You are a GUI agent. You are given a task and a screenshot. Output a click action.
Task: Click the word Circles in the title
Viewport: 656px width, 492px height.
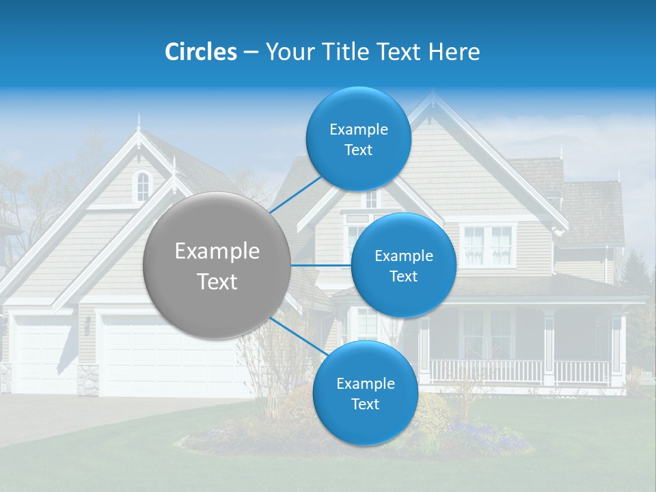pos(200,52)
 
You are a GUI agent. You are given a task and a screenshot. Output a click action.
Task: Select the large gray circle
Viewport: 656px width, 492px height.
pos(217,266)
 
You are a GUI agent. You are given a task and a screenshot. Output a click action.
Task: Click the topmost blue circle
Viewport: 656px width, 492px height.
pos(358,139)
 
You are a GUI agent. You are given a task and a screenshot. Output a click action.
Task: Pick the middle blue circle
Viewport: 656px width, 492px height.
pos(403,266)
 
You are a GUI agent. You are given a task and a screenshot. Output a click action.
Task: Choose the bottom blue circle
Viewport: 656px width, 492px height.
pos(365,394)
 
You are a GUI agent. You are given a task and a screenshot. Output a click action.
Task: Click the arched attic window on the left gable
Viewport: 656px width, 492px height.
pos(142,186)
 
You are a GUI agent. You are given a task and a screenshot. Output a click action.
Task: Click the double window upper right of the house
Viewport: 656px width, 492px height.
pos(487,245)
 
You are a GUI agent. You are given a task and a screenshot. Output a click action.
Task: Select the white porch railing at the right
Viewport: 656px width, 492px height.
pos(519,371)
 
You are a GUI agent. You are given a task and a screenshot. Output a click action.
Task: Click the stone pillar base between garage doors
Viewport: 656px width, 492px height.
pos(88,380)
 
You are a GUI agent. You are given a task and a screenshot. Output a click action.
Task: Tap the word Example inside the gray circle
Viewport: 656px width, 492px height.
pos(217,251)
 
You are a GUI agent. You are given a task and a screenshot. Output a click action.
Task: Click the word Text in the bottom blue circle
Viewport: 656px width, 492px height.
pos(365,404)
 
